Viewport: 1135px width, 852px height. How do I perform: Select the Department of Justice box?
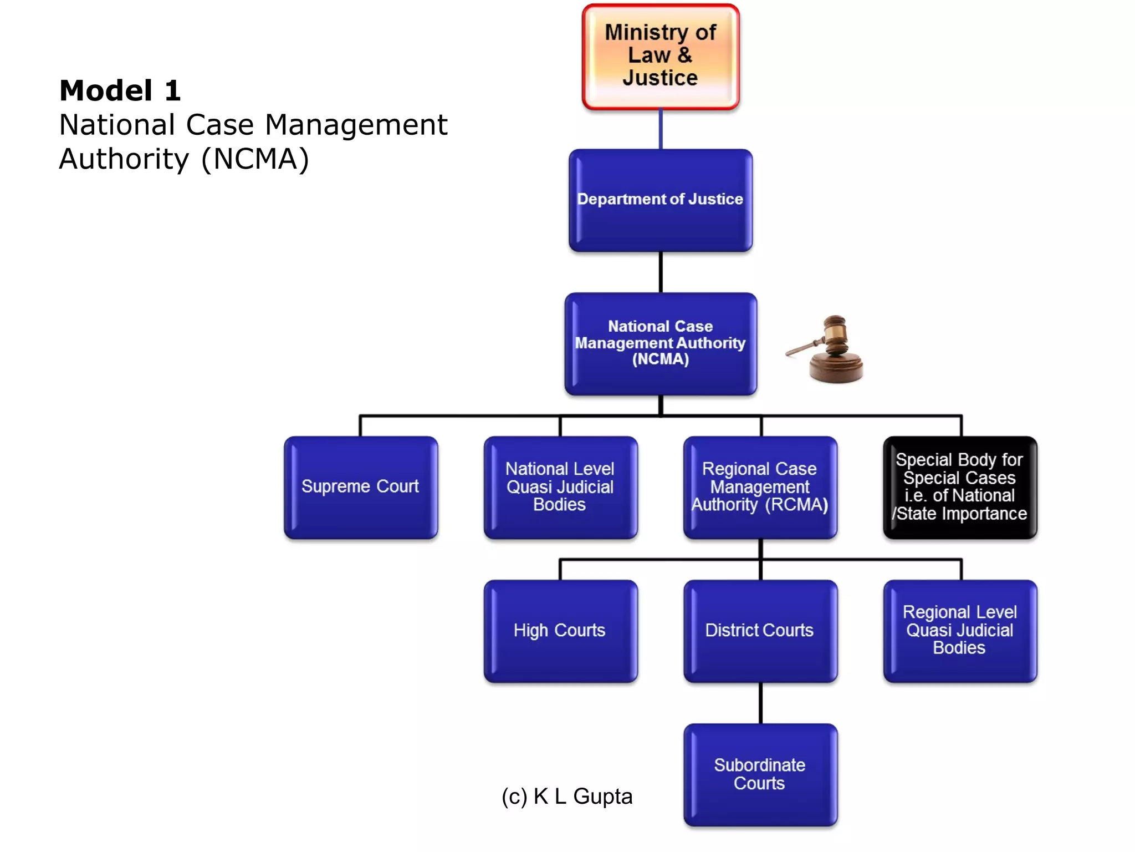pyautogui.click(x=660, y=200)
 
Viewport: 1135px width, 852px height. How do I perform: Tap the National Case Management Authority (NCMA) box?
pyautogui.click(x=660, y=343)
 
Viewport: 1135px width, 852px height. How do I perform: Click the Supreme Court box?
pyautogui.click(x=361, y=487)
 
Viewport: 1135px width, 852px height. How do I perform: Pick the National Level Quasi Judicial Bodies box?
pyautogui.click(x=560, y=487)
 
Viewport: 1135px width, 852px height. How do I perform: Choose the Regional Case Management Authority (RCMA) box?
pyautogui.click(x=760, y=487)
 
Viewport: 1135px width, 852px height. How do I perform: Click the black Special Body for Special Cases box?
pyautogui.click(x=959, y=487)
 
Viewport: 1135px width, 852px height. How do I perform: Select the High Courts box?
pyautogui.click(x=560, y=631)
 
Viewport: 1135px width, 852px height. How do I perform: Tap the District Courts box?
pyautogui.click(x=760, y=631)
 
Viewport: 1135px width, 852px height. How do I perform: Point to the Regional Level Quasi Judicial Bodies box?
pyautogui.click(x=959, y=631)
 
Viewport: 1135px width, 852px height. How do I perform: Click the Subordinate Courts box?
pyautogui.click(x=760, y=774)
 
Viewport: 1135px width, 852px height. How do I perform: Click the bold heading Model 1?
pyautogui.click(x=120, y=90)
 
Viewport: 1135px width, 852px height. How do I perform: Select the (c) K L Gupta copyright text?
pyautogui.click(x=566, y=796)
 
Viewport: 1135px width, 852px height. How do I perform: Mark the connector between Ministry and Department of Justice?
pyautogui.click(x=661, y=129)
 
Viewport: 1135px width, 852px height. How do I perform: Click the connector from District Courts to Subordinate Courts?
pyautogui.click(x=760, y=703)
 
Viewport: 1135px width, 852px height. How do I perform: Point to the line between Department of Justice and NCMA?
pyautogui.click(x=661, y=272)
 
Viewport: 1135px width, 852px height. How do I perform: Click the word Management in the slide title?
pyautogui.click(x=356, y=125)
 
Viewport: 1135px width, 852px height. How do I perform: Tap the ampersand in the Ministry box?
pyautogui.click(x=685, y=55)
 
